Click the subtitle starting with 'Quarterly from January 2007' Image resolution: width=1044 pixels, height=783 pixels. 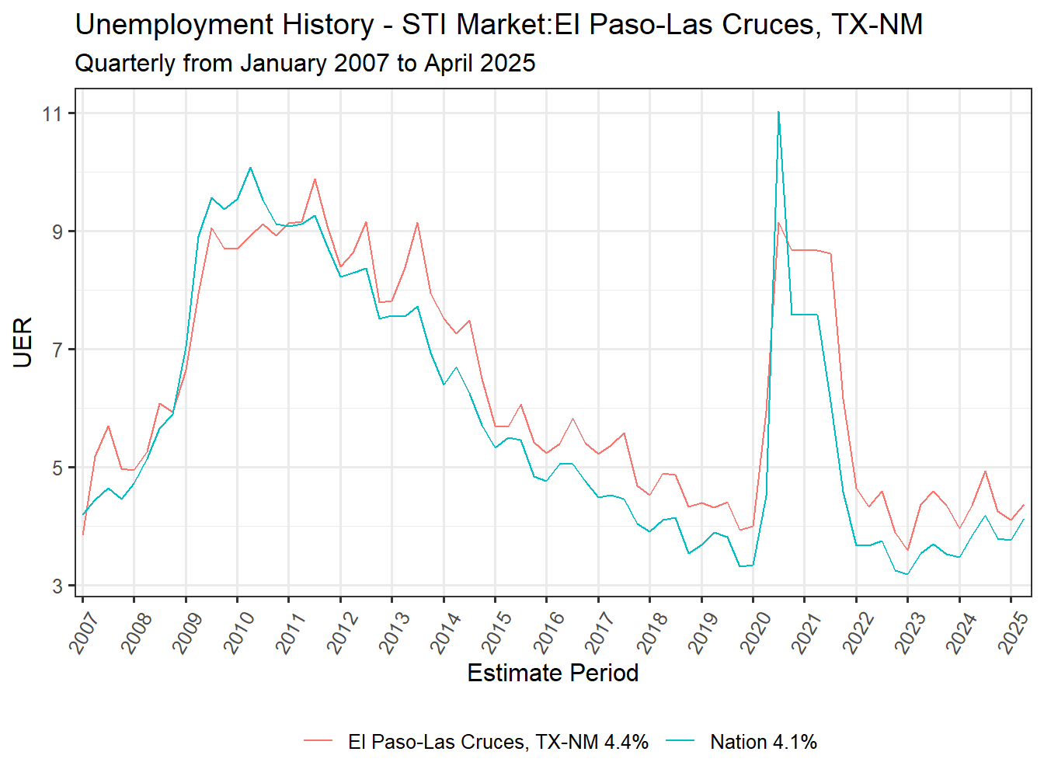304,63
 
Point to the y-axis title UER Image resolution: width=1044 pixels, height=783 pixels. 23,342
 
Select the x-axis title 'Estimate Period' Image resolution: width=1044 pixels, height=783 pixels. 552,673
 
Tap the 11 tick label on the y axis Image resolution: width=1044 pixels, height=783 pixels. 53,114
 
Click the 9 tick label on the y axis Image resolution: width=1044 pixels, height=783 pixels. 57,232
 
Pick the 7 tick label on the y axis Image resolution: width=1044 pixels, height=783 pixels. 57,350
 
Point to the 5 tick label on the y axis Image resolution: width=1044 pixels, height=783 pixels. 57,468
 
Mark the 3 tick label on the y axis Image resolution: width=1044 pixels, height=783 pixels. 57,586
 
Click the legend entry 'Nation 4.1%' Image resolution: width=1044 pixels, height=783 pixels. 763,743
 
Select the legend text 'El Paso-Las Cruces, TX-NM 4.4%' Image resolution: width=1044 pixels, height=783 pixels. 498,743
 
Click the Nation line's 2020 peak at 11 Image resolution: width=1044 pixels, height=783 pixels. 778,113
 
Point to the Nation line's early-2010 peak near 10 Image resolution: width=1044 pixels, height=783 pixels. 250,168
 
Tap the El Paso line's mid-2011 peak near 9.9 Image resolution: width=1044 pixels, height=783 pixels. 315,179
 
